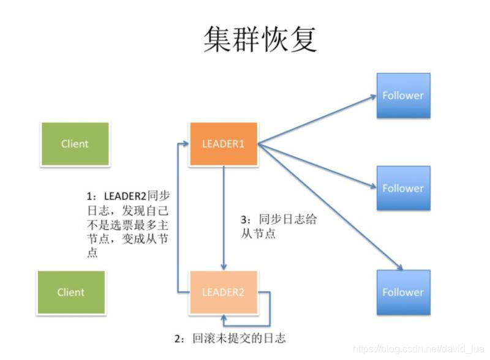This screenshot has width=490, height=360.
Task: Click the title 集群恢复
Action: [x=260, y=39]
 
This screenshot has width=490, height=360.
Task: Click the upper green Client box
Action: [x=75, y=144]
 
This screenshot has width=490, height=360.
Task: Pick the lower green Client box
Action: [x=71, y=292]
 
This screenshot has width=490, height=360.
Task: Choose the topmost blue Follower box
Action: [x=402, y=96]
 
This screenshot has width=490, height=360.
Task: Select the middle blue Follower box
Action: [x=402, y=188]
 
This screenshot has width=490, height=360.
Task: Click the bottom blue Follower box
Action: [x=402, y=292]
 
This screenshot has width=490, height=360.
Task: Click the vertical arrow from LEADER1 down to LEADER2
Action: [x=224, y=214]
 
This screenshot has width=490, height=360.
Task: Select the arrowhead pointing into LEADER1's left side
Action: [x=185, y=144]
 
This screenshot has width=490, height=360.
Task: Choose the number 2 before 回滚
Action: [x=178, y=338]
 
